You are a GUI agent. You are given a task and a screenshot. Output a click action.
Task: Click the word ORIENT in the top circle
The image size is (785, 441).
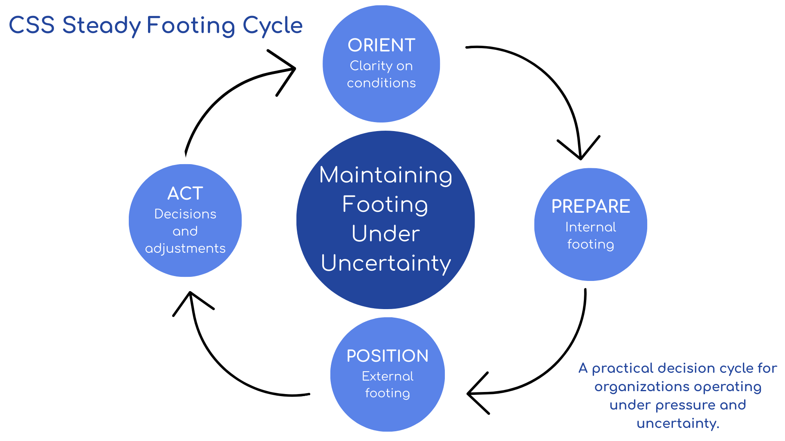[x=381, y=45]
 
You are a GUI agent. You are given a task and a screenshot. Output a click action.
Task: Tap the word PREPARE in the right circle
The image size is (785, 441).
[x=590, y=206]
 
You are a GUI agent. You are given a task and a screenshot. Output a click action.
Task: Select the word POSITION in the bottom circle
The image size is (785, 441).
[x=387, y=356]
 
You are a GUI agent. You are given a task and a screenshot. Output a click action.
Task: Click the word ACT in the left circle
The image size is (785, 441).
[x=185, y=193]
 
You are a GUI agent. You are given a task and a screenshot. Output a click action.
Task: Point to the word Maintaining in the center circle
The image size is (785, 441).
[x=386, y=176]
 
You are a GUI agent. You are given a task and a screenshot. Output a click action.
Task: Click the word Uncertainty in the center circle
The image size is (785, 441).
[x=386, y=263]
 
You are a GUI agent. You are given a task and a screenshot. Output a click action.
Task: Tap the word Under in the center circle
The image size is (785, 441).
[x=386, y=234]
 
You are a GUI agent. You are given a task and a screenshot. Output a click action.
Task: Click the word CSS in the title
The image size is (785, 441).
[x=31, y=25]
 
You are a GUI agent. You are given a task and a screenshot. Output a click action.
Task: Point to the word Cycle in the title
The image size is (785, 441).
[x=272, y=26]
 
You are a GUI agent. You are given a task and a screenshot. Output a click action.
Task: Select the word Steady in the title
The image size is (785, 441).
[x=101, y=26]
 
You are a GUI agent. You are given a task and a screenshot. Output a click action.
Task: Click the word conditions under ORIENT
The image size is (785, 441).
[x=381, y=83]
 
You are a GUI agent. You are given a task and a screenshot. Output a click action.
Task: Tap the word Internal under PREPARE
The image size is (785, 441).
[x=590, y=227]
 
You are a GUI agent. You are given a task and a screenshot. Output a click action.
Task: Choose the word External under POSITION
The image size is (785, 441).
[x=387, y=376]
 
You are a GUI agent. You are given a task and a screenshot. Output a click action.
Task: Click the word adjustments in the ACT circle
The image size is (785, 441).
[x=185, y=248]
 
